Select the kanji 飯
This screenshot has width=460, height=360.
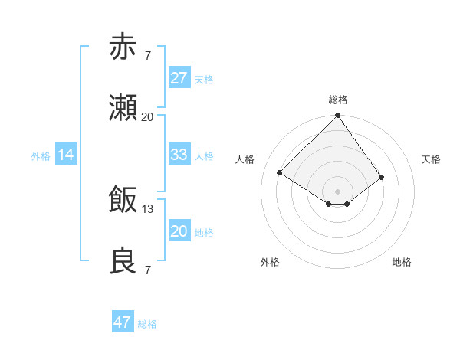[123, 199]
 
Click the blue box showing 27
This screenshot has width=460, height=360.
[179, 78]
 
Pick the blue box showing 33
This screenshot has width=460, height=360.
[179, 155]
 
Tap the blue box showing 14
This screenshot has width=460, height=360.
[66, 155]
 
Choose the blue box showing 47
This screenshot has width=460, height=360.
[123, 322]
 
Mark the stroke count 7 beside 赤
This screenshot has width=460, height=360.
[148, 56]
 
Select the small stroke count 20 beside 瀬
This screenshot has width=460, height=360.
[148, 117]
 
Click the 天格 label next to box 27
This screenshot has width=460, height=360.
[204, 79]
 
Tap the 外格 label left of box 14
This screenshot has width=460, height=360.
[41, 155]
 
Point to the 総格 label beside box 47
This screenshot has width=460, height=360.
[147, 323]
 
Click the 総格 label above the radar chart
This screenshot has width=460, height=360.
[337, 100]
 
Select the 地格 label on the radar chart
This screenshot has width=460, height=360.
[402, 262]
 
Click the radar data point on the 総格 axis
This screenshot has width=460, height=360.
[337, 116]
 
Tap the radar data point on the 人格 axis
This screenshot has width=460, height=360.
[280, 173]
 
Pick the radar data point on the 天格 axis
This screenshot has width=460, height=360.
[381, 177]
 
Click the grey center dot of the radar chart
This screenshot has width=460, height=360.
[337, 191]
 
